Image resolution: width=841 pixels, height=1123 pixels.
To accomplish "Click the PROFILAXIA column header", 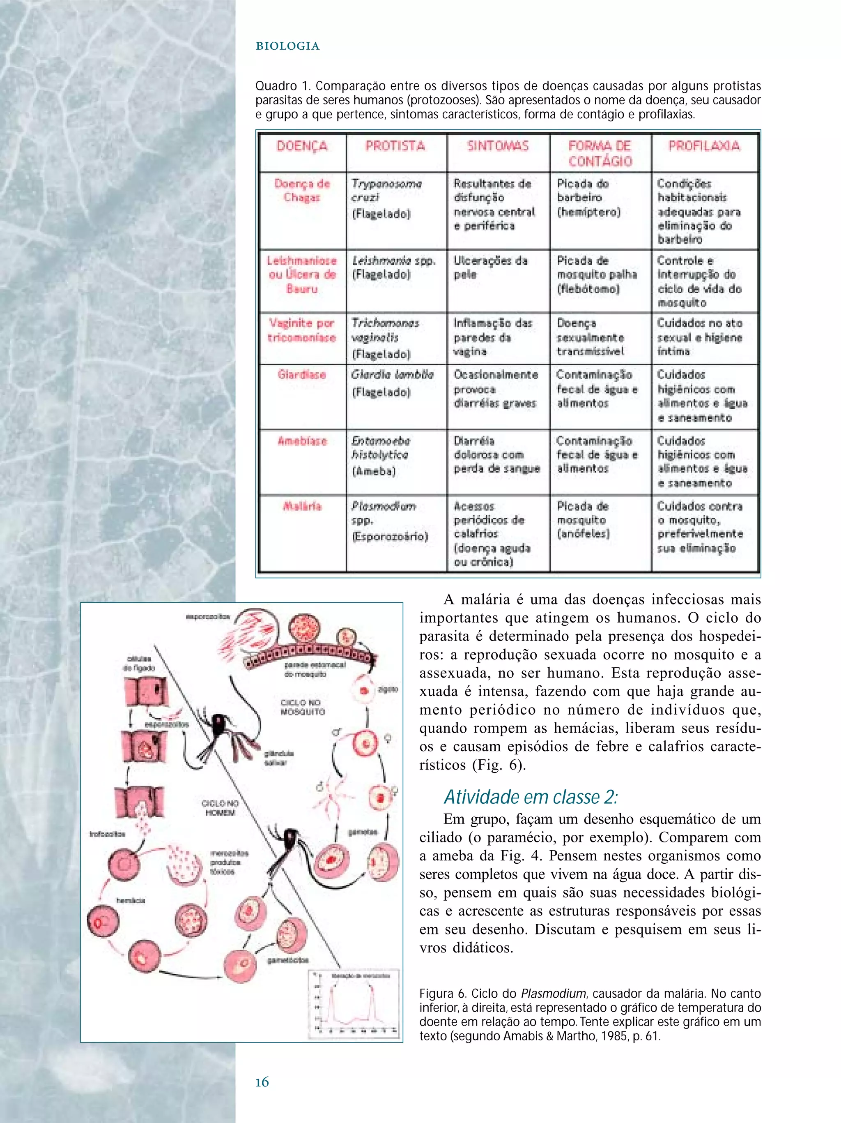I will click(x=704, y=146).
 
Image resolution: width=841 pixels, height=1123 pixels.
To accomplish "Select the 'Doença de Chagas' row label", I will click(x=302, y=190).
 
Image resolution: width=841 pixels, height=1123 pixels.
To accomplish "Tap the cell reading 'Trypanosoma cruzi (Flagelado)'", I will click(x=386, y=198).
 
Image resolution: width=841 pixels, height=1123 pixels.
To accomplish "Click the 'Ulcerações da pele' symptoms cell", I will click(x=490, y=267).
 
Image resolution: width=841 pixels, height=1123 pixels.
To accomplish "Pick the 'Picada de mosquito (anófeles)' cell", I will click(x=584, y=519).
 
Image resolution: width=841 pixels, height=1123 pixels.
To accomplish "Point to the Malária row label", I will click(x=302, y=506).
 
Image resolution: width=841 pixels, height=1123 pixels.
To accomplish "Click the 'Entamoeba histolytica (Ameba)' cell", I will click(x=380, y=455).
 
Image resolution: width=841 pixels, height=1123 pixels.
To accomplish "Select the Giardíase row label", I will click(x=302, y=375).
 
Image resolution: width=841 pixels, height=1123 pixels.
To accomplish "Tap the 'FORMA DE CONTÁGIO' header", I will click(x=600, y=153).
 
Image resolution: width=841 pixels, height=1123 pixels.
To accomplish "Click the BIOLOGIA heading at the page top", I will click(x=287, y=46).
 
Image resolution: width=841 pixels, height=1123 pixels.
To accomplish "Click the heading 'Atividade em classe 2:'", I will click(x=531, y=797).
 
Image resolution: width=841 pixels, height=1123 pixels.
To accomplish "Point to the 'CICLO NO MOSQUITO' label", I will click(x=302, y=707).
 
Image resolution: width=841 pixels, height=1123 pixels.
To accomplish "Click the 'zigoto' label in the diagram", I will click(x=388, y=689).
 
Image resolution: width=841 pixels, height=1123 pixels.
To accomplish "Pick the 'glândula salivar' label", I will click(x=278, y=758).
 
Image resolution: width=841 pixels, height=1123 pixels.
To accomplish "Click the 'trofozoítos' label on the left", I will click(x=107, y=834).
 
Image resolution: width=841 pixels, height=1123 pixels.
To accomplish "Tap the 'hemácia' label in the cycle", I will click(x=130, y=900).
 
